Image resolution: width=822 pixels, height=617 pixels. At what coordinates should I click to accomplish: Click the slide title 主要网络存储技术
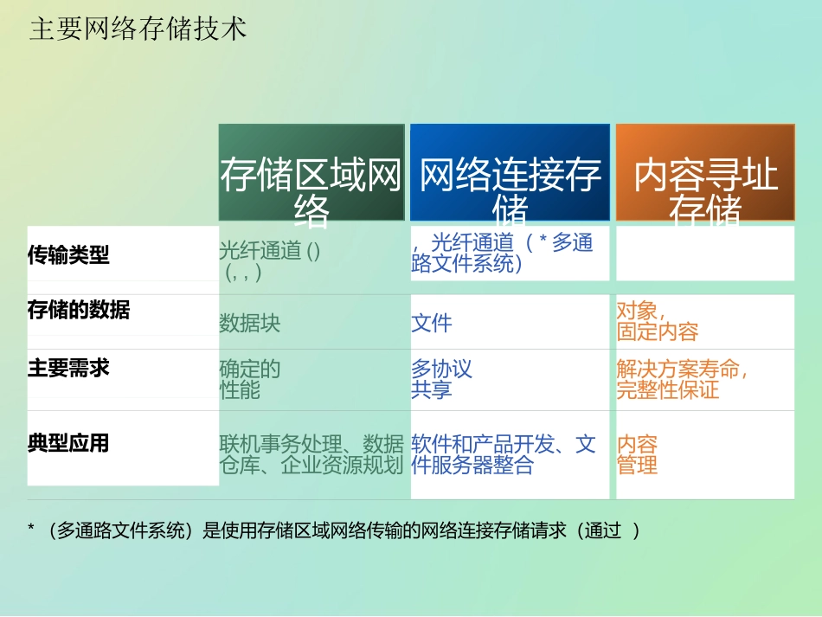138,29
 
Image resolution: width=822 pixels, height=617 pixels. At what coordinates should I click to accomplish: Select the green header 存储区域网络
311,173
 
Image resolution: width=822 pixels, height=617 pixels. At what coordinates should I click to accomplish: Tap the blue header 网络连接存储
511,173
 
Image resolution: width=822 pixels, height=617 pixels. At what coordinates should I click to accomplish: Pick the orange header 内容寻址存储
705,173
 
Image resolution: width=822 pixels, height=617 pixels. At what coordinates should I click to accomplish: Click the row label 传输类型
69,255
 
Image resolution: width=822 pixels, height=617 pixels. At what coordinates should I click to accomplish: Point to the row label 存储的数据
79,310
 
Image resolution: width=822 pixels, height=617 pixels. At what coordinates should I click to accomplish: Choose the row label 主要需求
69,368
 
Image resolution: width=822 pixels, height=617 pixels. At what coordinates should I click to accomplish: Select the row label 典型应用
69,444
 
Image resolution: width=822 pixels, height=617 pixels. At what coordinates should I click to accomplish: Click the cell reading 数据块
250,324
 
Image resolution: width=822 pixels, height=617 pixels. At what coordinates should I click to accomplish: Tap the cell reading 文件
432,324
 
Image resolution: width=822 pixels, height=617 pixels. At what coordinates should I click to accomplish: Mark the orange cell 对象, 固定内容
658,321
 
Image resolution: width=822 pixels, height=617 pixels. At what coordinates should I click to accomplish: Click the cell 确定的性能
250,380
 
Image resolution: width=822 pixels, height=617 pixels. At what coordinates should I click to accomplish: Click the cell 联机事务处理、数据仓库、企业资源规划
311,455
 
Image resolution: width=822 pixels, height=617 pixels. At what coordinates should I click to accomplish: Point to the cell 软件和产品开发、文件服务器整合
504,455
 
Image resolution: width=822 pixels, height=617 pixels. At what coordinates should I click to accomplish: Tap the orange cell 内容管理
638,455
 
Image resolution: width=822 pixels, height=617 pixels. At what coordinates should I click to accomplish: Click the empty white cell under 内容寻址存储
705,254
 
